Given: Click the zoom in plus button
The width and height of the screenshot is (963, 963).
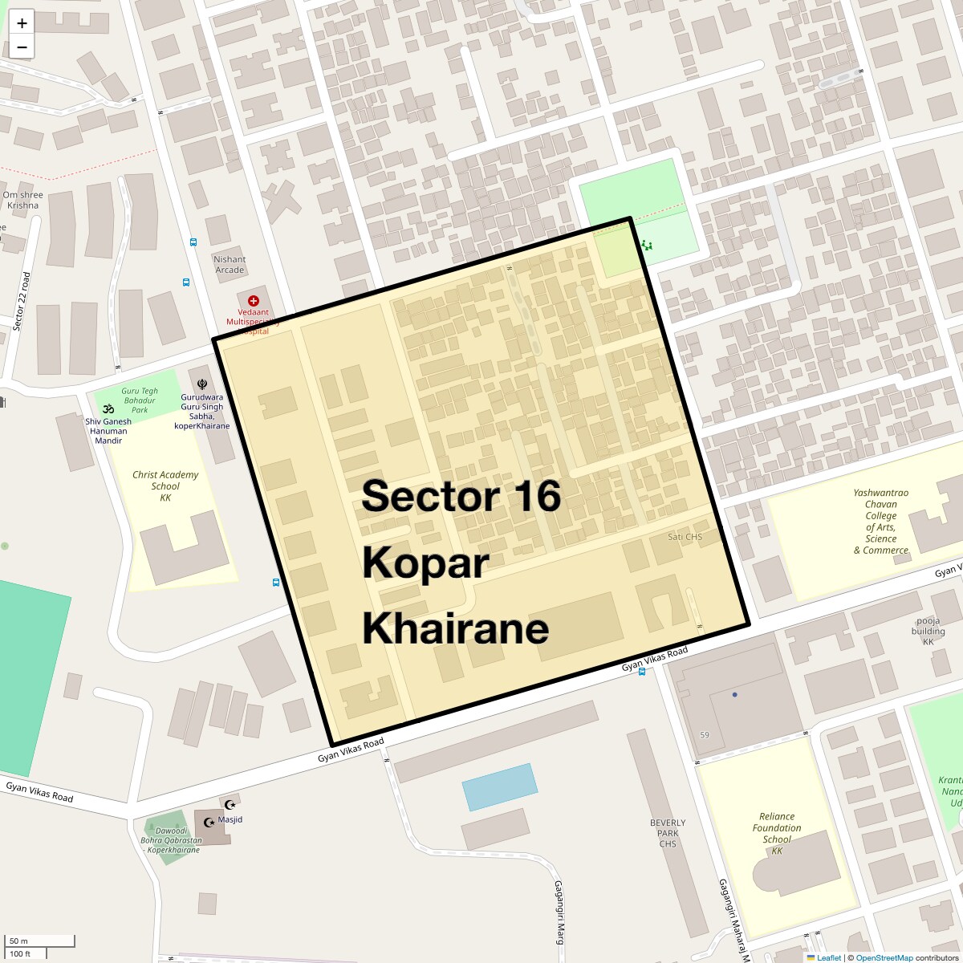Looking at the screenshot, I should [x=22, y=23].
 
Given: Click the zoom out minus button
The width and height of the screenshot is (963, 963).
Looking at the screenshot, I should [x=22, y=47].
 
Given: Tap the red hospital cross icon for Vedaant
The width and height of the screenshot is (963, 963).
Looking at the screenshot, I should [x=254, y=300].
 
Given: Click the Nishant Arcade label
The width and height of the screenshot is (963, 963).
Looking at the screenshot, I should [x=230, y=265].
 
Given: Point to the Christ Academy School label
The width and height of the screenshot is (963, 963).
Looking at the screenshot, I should [x=165, y=486].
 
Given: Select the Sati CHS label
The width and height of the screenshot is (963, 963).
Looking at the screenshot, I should [x=685, y=537].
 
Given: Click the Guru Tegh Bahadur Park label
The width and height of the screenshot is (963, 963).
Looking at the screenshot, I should [x=140, y=400].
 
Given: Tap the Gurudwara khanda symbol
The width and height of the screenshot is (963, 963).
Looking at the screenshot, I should [x=201, y=384].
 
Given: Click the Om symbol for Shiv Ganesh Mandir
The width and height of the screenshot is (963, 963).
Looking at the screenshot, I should [x=108, y=408].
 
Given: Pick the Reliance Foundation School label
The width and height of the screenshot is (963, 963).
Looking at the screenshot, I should [x=777, y=833].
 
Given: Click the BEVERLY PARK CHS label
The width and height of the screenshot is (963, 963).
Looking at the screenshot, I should [x=668, y=832].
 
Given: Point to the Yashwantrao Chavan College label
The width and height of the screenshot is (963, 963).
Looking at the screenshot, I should [x=880, y=522].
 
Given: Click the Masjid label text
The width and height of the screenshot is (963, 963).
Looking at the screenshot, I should [x=230, y=819].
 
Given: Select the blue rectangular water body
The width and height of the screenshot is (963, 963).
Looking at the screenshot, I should [x=499, y=786].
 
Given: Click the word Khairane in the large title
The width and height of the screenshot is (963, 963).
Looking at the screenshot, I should [x=455, y=628].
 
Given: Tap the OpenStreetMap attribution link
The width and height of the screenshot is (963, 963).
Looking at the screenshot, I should [x=884, y=957].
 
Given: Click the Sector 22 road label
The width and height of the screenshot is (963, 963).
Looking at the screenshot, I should [x=22, y=302].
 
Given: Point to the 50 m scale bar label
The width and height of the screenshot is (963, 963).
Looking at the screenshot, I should [x=19, y=941].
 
